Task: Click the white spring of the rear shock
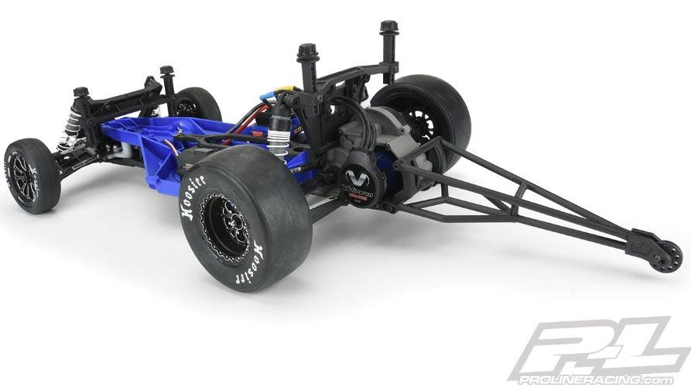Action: [x=298, y=148]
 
